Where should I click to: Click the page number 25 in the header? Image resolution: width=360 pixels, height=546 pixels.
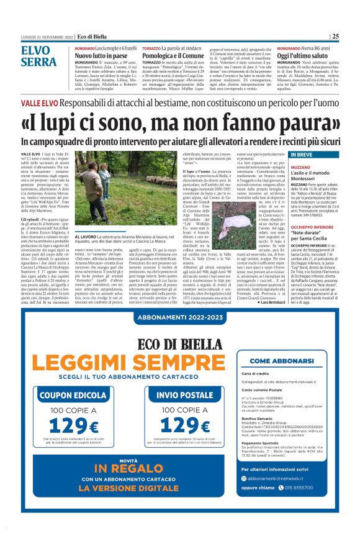tap(335, 36)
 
